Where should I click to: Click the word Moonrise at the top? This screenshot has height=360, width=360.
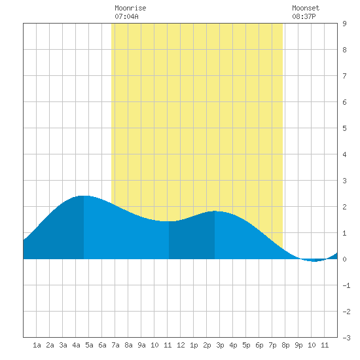pyautogui.click(x=130, y=9)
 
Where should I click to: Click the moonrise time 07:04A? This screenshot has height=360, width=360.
pyautogui.click(x=127, y=16)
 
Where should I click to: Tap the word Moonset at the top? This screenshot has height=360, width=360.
pyautogui.click(x=306, y=9)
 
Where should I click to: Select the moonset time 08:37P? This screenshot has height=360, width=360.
pyautogui.click(x=304, y=16)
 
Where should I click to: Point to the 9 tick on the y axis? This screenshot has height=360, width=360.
pyautogui.click(x=344, y=24)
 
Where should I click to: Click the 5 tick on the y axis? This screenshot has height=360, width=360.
pyautogui.click(x=344, y=128)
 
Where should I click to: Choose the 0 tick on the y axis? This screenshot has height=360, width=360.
pyautogui.click(x=344, y=259)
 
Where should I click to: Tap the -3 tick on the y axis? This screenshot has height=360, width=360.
pyautogui.click(x=346, y=338)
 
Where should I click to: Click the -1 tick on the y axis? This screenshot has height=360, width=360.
pyautogui.click(x=346, y=285)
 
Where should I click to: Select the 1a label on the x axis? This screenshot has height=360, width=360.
pyautogui.click(x=37, y=345)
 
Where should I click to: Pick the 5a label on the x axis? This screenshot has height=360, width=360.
pyautogui.click(x=89, y=345)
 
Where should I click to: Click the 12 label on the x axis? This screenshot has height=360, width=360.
pyautogui.click(x=181, y=345)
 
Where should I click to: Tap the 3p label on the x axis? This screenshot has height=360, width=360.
pyautogui.click(x=220, y=345)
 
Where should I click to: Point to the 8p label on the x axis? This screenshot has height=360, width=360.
pyautogui.click(x=285, y=345)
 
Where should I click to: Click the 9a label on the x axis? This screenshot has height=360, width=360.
pyautogui.click(x=141, y=345)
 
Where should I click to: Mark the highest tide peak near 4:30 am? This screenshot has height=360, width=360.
pyautogui.click(x=84, y=196)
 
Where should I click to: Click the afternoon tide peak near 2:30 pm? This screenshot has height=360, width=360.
pyautogui.click(x=215, y=211)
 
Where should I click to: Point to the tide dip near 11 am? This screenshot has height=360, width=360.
pyautogui.click(x=169, y=221)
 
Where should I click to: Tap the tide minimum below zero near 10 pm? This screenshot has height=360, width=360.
pyautogui.click(x=315, y=261)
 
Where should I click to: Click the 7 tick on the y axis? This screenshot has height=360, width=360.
pyautogui.click(x=344, y=76)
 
